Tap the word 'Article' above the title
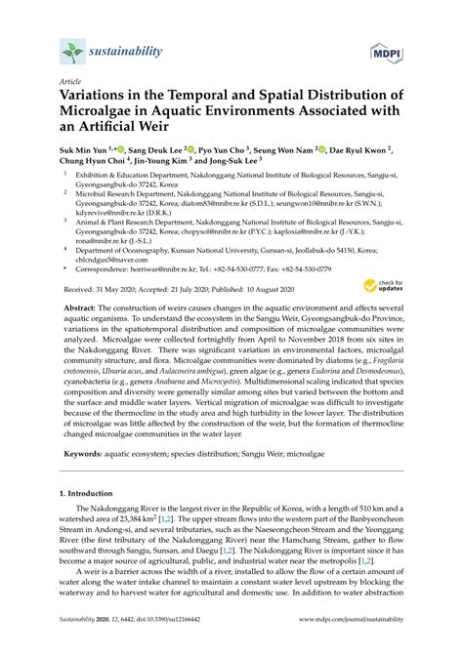pyautogui.click(x=69, y=83)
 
